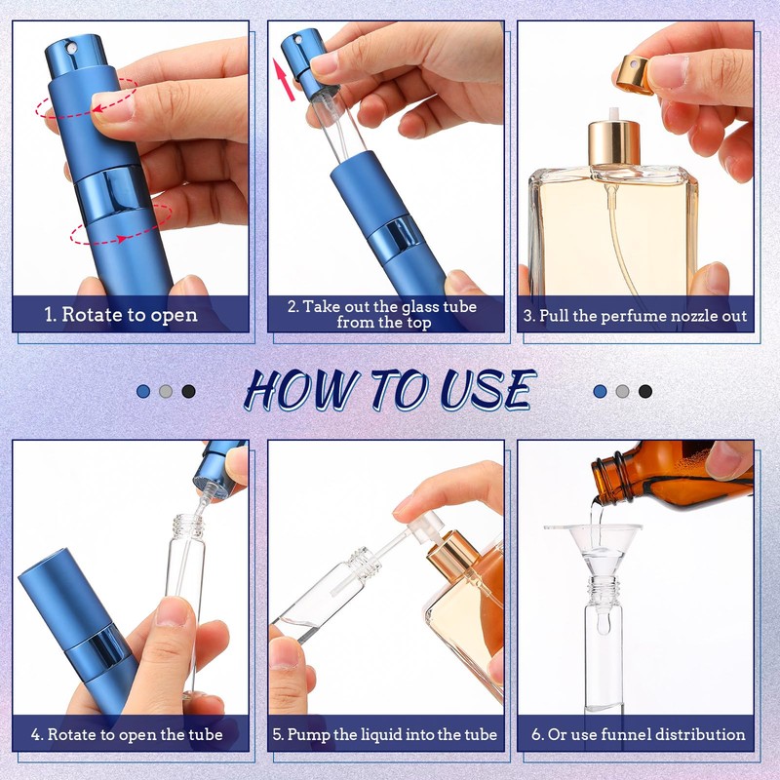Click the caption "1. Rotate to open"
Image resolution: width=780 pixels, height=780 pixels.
pyautogui.click(x=121, y=315)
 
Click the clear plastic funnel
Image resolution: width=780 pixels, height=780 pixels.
pyautogui.click(x=593, y=550)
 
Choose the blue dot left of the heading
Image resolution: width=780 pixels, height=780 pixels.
pyautogui.click(x=143, y=391)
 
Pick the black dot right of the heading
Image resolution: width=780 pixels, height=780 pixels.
pyautogui.click(x=645, y=392)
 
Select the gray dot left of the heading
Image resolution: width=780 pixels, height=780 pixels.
pyautogui.click(x=166, y=391)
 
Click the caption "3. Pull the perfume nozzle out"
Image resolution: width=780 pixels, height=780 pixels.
pyautogui.click(x=636, y=316)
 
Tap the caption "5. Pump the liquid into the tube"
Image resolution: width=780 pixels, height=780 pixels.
pyautogui.click(x=385, y=735)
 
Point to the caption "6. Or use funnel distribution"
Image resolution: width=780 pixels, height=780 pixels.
pyautogui.click(x=639, y=734)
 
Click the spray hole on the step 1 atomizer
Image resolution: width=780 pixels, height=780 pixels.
pyautogui.click(x=72, y=48)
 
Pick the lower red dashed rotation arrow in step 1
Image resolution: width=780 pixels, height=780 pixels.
pyautogui.click(x=121, y=225)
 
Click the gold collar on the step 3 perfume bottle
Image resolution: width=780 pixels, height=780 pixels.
pyautogui.click(x=614, y=142)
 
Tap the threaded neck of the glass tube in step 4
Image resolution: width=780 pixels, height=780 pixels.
pyautogui.click(x=187, y=527)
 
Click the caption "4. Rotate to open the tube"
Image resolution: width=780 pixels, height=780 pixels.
pyautogui.click(x=127, y=735)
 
